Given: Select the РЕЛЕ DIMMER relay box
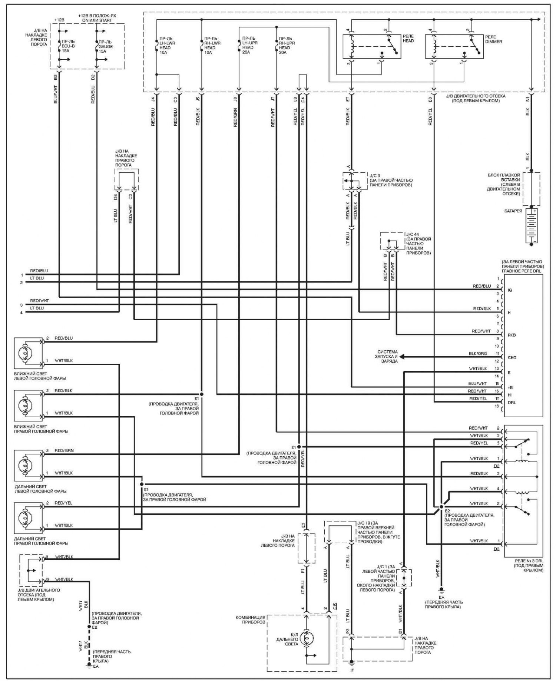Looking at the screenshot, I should (x=454, y=47).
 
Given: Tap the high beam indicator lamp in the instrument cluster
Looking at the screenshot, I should (x=306, y=638).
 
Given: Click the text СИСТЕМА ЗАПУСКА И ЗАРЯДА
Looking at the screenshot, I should (x=387, y=356).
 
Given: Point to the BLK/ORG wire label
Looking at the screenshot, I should (x=478, y=354).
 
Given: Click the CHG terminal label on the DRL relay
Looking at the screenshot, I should (x=512, y=358).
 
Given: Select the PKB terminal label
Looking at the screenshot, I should (x=512, y=335).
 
